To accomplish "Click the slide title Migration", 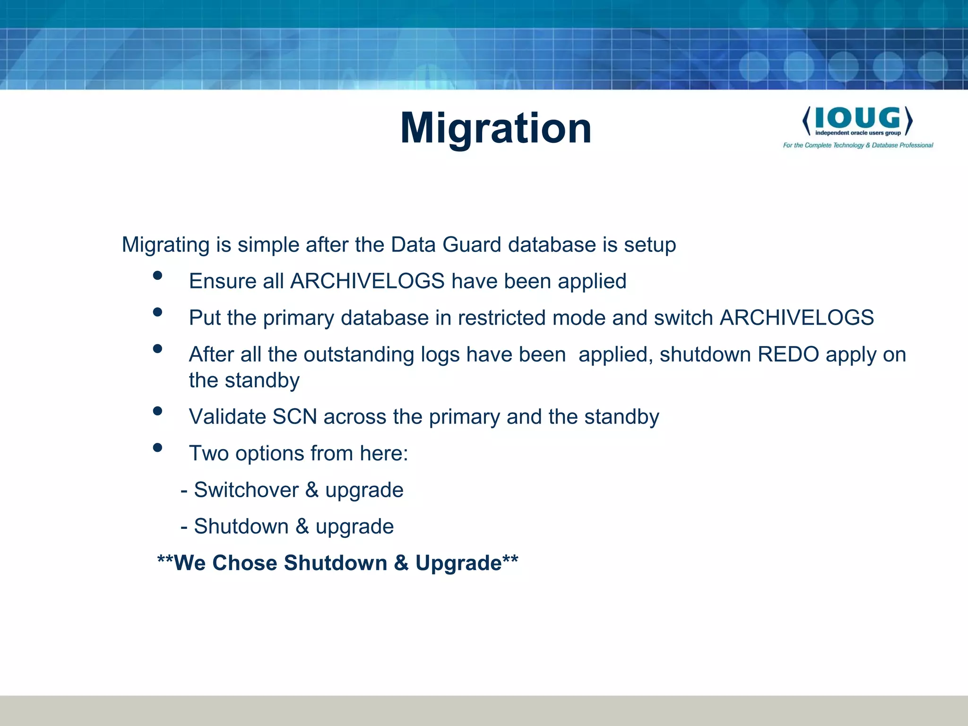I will tap(495, 128).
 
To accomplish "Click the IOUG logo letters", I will tap(857, 118).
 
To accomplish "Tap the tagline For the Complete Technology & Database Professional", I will tap(858, 145).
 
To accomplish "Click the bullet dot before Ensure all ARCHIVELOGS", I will tap(158, 276).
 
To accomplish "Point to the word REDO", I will tap(788, 354).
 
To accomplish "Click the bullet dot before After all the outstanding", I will tap(158, 349).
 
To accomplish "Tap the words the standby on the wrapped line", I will tap(244, 380).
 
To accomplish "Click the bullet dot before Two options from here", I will tap(158, 448).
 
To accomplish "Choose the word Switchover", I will tap(246, 490).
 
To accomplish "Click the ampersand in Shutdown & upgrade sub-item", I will tap(302, 527).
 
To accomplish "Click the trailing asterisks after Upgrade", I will tap(510, 560).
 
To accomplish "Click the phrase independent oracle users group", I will tap(857, 133).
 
